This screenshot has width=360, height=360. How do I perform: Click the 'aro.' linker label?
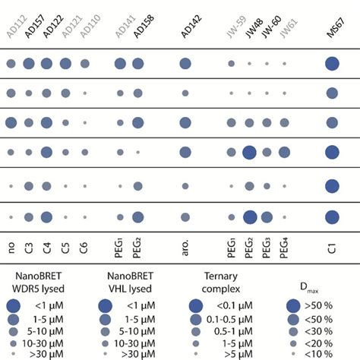[184, 244]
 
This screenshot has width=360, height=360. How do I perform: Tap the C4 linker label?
[46, 247]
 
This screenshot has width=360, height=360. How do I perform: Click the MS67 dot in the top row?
[331, 65]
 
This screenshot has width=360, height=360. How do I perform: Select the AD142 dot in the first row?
[184, 65]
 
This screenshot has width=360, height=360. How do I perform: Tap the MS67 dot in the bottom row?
[331, 217]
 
